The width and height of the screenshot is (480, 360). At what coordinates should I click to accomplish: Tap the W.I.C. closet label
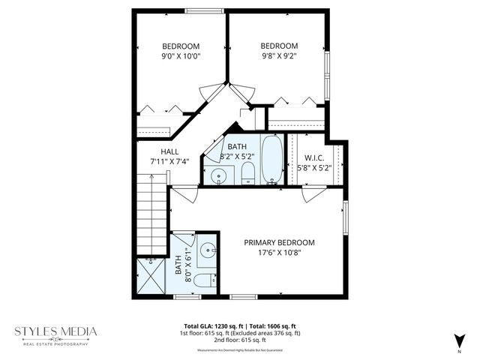[313, 157]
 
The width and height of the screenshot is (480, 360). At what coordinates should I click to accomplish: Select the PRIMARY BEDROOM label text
[279, 242]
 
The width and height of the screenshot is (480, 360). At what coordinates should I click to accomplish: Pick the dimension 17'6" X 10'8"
[279, 253]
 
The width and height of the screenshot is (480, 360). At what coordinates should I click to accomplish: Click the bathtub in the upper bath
[272, 160]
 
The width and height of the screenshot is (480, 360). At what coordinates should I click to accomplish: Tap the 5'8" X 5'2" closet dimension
[313, 168]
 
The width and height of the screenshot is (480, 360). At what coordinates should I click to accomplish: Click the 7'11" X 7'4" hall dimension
[169, 161]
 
